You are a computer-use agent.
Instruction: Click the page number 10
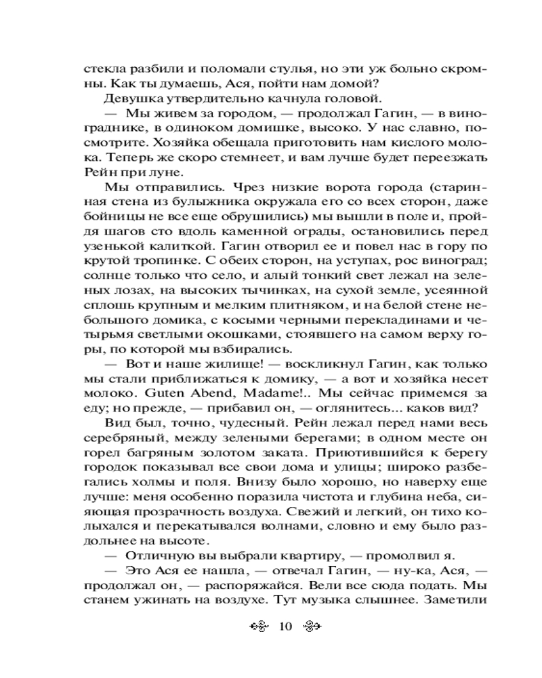click(x=283, y=625)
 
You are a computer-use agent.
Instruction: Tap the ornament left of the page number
click(x=257, y=625)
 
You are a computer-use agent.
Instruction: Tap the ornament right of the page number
click(x=308, y=625)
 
